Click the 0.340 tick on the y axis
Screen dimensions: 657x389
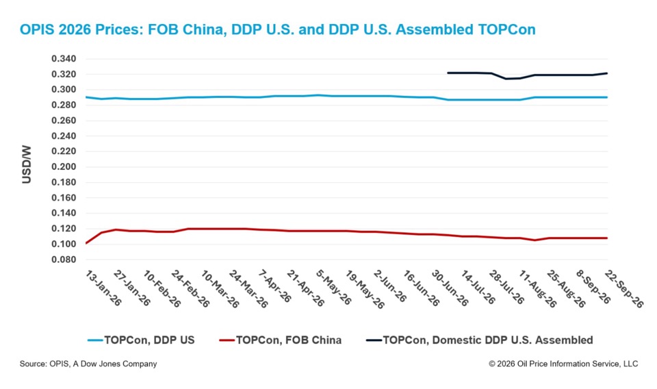pyautogui.click(x=64, y=59)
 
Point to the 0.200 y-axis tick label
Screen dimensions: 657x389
pyautogui.click(x=64, y=167)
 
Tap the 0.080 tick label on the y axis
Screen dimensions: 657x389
pyautogui.click(x=64, y=260)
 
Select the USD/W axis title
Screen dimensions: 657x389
pyautogui.click(x=27, y=164)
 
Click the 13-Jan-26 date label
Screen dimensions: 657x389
pyautogui.click(x=103, y=288)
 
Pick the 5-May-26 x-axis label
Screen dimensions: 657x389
pyautogui.click(x=334, y=288)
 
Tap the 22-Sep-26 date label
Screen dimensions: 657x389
pyautogui.click(x=623, y=289)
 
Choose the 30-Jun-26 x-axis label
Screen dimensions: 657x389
pyautogui.click(x=450, y=288)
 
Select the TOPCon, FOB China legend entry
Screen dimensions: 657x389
pyautogui.click(x=281, y=340)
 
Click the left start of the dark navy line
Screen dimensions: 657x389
pyautogui.click(x=448, y=73)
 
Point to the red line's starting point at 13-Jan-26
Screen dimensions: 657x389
pyautogui.click(x=86, y=243)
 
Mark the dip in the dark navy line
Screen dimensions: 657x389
pyautogui.click(x=506, y=79)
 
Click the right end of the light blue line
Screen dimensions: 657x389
pyautogui.click(x=607, y=97)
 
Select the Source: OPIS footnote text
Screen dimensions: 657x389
pyautogui.click(x=88, y=364)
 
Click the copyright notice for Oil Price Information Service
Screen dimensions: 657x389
pyautogui.click(x=563, y=364)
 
